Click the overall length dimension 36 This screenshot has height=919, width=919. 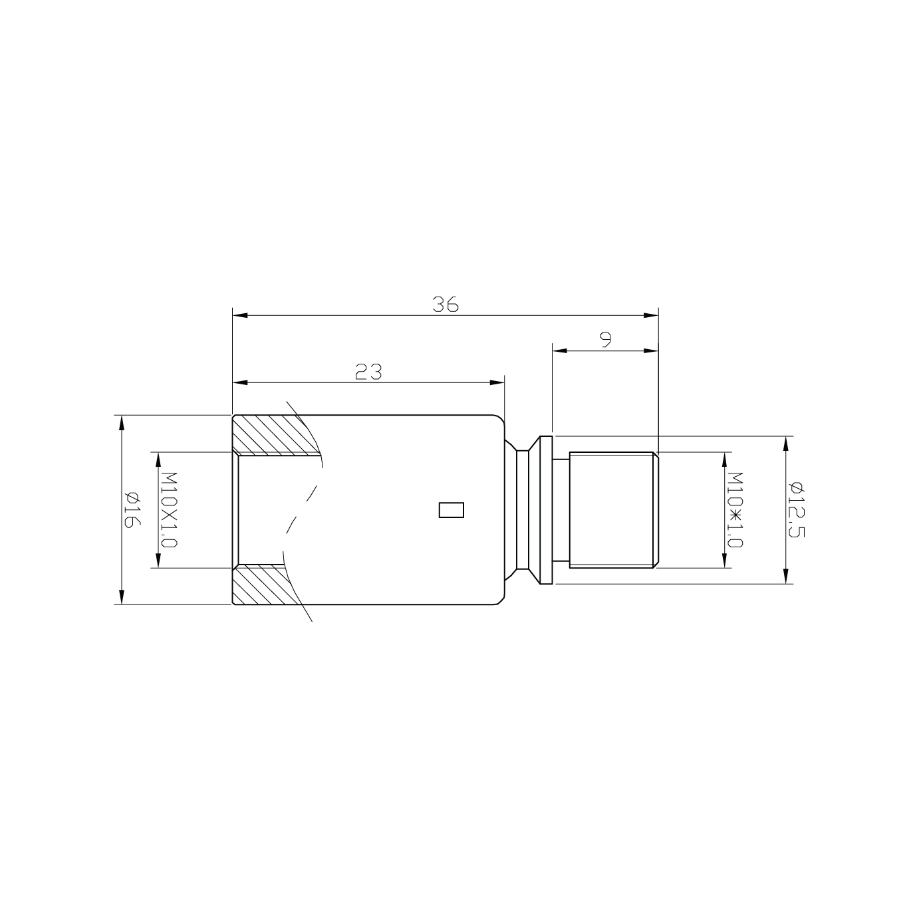[445, 305]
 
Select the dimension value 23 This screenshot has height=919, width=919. [368, 372]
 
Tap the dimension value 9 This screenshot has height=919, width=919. [605, 340]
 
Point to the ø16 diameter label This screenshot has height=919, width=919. [132, 509]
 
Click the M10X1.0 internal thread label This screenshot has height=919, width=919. [169, 510]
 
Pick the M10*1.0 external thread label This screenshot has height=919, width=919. [735, 510]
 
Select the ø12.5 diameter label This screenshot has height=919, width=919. [797, 510]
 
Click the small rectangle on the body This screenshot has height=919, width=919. [451, 510]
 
